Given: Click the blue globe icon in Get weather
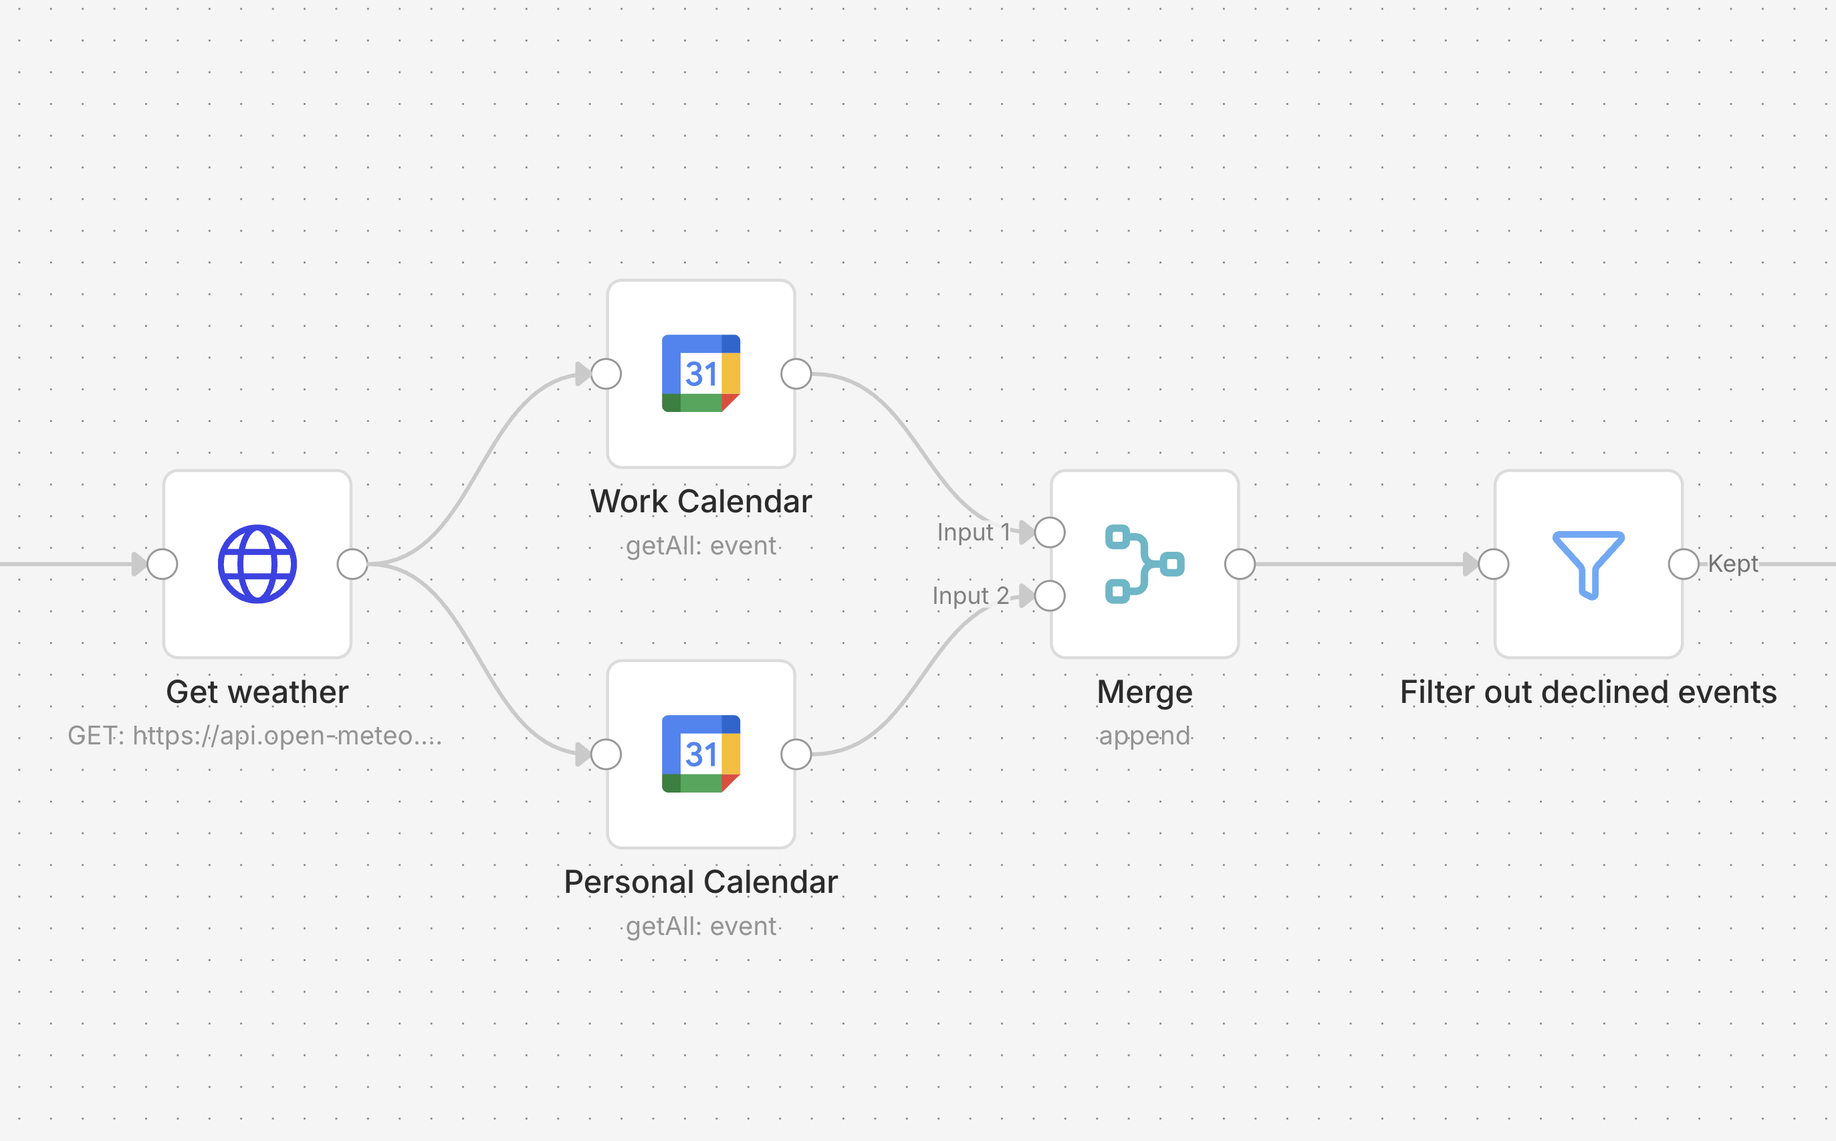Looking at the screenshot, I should [257, 564].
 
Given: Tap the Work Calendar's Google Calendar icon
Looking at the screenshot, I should [701, 374].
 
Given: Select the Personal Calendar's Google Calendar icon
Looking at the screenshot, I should [701, 754].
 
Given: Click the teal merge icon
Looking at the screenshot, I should [1144, 564].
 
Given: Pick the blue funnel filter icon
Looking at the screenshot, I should [1588, 564].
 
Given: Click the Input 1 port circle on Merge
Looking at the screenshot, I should [1050, 532].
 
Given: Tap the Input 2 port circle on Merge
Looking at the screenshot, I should [1050, 595].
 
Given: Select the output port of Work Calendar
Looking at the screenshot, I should [796, 374].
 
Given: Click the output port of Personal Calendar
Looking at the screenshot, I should [796, 754].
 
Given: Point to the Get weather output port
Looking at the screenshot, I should [352, 564].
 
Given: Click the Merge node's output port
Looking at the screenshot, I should [1240, 564].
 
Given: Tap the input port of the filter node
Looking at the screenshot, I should [1494, 564].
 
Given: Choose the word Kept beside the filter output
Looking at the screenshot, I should [1732, 564].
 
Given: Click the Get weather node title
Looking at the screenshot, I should [257, 692].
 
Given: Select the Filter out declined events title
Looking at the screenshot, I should [1588, 692].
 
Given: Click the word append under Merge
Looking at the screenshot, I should [1144, 735].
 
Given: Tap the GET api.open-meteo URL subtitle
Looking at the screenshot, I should [255, 735].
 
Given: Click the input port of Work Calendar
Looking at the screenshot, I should [606, 374].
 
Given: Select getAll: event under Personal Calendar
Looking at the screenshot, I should [701, 926].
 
